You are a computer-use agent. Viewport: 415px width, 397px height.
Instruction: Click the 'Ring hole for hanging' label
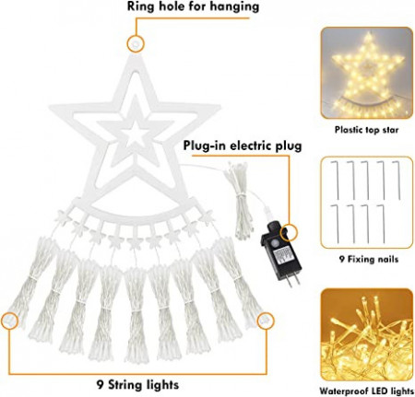click(x=193, y=6)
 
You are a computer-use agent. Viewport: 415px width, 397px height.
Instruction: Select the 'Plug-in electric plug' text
click(x=243, y=146)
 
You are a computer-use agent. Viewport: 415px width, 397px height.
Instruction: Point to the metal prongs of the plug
click(x=291, y=279)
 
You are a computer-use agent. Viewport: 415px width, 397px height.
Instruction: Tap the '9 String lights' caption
click(x=137, y=384)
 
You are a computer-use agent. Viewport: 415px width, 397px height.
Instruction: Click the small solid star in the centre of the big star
click(x=135, y=134)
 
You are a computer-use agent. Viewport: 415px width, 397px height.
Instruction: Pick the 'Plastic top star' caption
click(x=366, y=130)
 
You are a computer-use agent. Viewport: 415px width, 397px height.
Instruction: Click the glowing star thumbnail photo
click(x=367, y=73)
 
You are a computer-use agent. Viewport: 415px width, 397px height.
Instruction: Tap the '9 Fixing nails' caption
click(x=369, y=259)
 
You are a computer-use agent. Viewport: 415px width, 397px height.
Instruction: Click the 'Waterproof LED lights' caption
click(x=366, y=391)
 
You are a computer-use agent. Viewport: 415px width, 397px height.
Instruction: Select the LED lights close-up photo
click(x=367, y=334)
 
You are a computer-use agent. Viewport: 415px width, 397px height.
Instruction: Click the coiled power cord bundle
click(x=240, y=200)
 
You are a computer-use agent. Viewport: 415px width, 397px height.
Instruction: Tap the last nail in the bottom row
click(x=383, y=224)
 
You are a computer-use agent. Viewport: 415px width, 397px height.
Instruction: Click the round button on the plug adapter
click(x=274, y=243)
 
